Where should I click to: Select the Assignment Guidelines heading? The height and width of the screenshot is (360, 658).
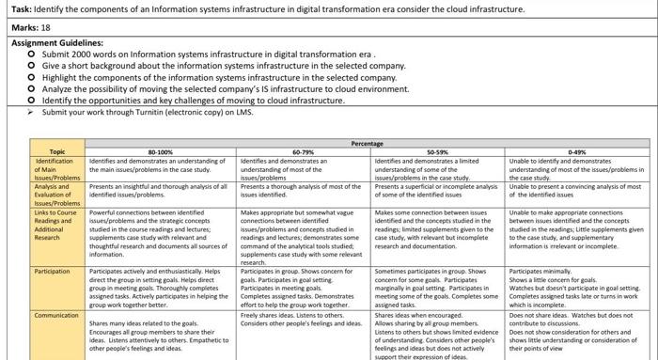point(54,43)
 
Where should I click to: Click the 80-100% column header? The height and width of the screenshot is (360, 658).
point(161,151)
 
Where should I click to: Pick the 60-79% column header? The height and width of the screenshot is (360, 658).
point(304,151)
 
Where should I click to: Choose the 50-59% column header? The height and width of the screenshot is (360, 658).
point(437,151)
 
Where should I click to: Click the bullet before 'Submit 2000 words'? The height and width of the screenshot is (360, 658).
point(32,55)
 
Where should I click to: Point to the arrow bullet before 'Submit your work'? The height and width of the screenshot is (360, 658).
point(31,112)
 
